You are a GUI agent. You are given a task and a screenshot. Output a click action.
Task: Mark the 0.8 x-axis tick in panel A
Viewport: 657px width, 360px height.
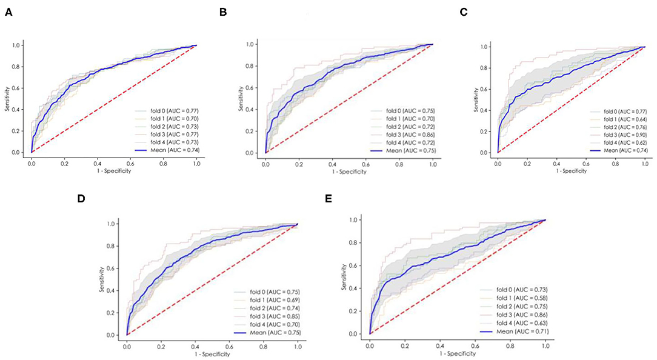[x=163, y=163]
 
